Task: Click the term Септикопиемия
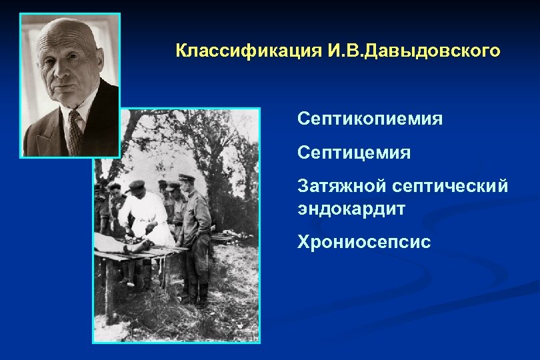tap(370, 119)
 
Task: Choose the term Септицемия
tap(354, 153)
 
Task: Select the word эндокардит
tap(351, 208)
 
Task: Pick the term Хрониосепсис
tap(364, 242)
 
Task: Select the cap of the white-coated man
tap(137, 185)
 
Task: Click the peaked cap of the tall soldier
tap(187, 179)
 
